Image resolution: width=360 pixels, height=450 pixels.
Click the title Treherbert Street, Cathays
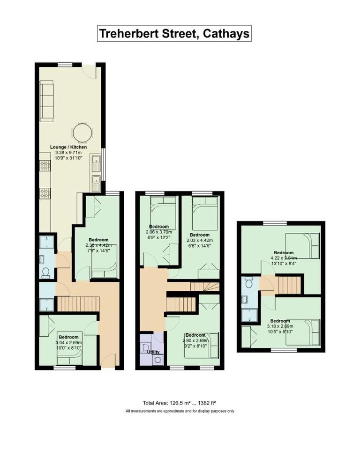[174, 34]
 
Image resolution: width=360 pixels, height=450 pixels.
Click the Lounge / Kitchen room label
[69, 147]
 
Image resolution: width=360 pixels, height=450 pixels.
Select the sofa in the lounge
[47, 100]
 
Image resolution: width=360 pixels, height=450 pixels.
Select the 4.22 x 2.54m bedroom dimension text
[284, 258]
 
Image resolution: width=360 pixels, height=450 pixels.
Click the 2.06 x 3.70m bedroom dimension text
[157, 232]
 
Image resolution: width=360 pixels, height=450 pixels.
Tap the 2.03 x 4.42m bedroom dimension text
[199, 240]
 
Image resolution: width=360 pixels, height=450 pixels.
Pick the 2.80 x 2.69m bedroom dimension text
[195, 340]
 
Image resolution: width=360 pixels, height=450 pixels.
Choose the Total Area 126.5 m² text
[180, 403]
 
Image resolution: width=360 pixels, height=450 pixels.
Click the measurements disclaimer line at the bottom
[180, 411]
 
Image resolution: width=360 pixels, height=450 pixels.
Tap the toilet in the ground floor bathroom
[45, 272]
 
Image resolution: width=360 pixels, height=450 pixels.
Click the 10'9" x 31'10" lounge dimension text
[69, 158]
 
